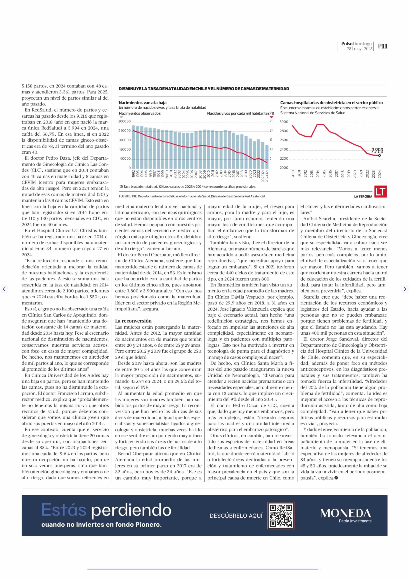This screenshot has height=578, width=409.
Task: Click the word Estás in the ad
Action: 64,510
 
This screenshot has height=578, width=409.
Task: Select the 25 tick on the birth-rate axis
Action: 271,121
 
